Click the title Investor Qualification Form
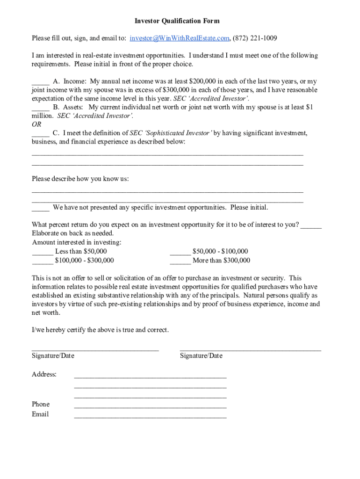point(177,21)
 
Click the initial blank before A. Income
point(41,81)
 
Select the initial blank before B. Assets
point(41,107)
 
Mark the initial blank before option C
point(41,133)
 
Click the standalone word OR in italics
point(36,124)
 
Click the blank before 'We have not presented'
point(41,208)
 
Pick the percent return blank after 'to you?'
point(311,225)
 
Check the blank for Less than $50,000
point(42,252)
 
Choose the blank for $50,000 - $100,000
point(180,252)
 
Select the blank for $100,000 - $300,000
point(42,261)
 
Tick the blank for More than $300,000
point(180,261)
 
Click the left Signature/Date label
point(53,356)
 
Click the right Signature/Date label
point(201,356)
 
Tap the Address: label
point(44,374)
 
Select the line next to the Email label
point(150,416)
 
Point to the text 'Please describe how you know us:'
point(80,179)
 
